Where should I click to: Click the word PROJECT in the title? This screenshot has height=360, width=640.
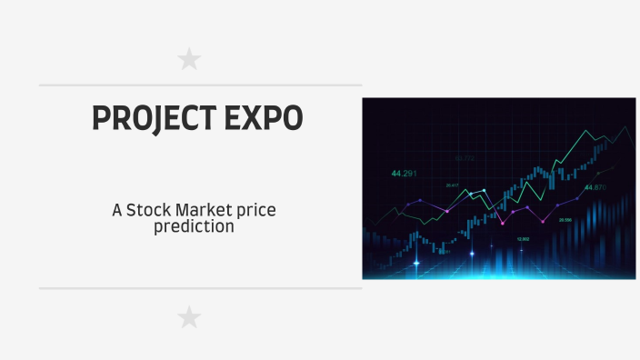point(148,119)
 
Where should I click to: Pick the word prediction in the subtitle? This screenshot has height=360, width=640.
point(194,226)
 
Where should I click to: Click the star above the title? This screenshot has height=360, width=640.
point(189,60)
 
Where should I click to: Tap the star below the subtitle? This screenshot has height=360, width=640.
point(189,317)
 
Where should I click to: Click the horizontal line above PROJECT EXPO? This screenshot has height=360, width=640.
point(200,85)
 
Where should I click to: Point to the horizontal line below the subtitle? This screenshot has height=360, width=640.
point(200,288)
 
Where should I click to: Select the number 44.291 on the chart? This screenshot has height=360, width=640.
point(404,173)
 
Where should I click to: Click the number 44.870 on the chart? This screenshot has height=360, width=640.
point(595,187)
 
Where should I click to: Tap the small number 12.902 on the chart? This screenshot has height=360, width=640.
point(523,239)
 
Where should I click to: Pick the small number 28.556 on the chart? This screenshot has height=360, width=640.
point(565,220)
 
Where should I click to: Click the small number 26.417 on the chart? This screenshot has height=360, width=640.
point(452,185)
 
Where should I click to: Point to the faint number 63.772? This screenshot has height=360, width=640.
point(465,158)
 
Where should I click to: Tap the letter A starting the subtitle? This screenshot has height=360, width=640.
point(117,210)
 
